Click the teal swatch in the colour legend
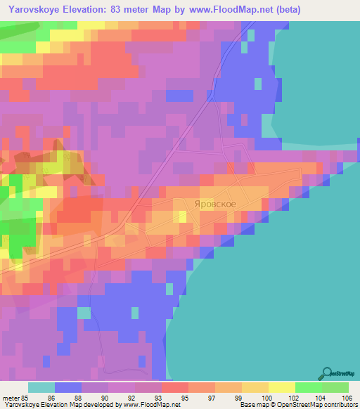click(x=41, y=387)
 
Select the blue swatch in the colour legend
click(x=68, y=387)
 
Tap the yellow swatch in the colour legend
click(x=281, y=387)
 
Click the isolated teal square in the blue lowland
click(x=84, y=312)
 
